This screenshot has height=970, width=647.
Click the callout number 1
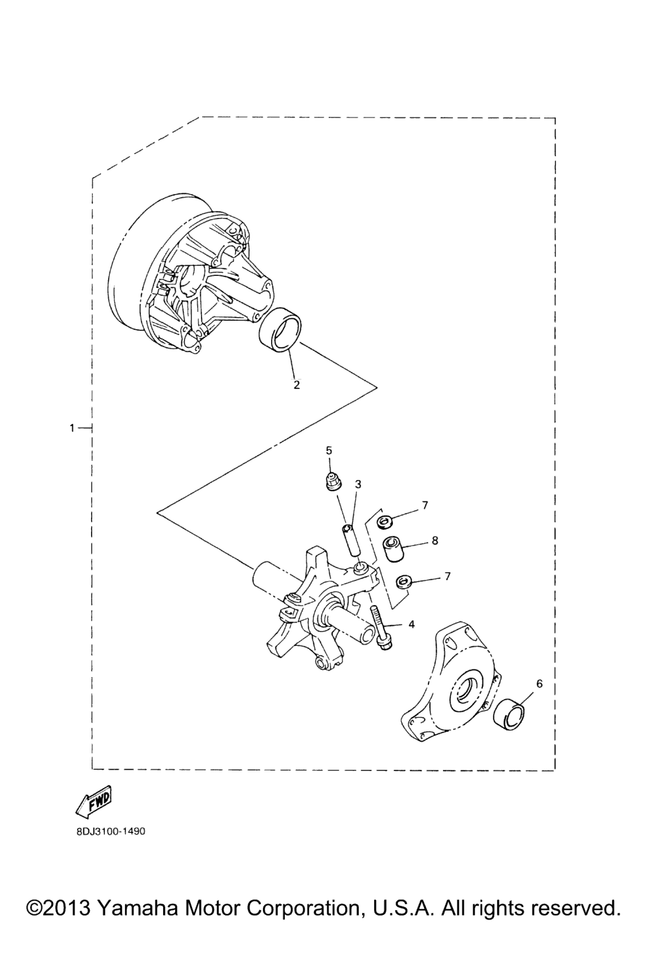pyautogui.click(x=73, y=428)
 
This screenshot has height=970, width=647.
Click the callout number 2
pyautogui.click(x=296, y=385)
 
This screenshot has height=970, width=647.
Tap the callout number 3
pyautogui.click(x=358, y=484)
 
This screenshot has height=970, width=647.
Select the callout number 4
pyautogui.click(x=411, y=624)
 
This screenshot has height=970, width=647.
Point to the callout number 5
pyautogui.click(x=329, y=450)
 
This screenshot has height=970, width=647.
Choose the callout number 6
pyautogui.click(x=539, y=684)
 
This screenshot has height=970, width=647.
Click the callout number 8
pyautogui.click(x=435, y=541)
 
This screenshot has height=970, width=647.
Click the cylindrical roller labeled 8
pyautogui.click(x=392, y=549)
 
